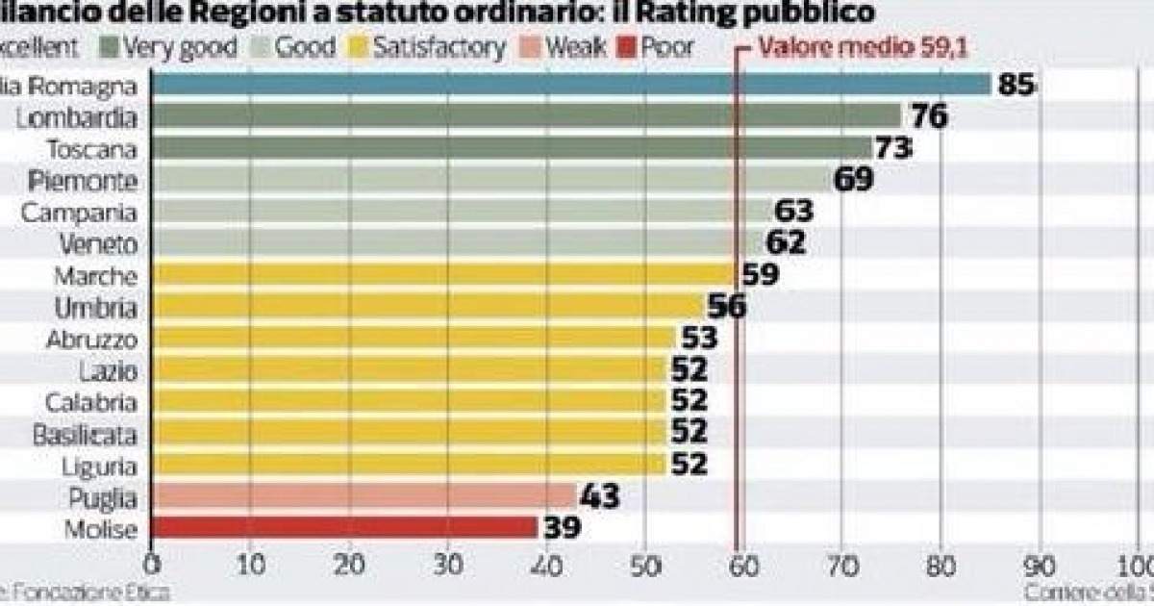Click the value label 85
[1015, 85]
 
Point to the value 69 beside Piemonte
[853, 180]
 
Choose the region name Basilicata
[85, 434]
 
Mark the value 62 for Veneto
[785, 244]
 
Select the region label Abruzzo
[92, 340]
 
